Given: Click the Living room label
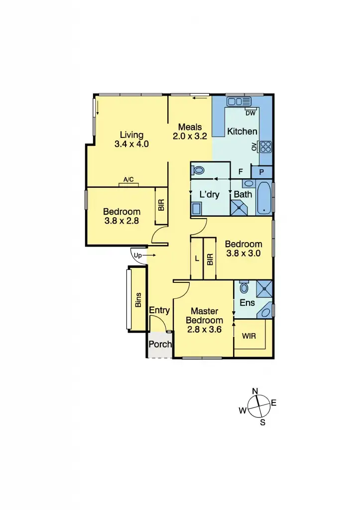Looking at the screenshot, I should click(131, 134).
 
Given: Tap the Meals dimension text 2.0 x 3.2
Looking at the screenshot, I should click(190, 136).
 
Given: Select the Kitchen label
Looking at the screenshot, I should click(242, 131).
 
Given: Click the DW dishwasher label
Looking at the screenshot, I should click(250, 113).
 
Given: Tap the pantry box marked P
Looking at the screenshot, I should click(262, 172).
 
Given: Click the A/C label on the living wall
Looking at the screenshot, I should click(128, 181).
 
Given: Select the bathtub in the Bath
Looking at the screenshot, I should click(264, 198).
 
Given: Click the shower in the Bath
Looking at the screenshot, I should click(241, 207).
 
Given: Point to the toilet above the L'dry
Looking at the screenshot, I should click(198, 170).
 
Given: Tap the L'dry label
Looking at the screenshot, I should click(210, 194).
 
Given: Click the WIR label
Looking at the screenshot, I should click(249, 336).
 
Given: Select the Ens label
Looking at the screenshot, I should click(247, 302).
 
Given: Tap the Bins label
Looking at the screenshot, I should click(138, 300).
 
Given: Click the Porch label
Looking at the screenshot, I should click(160, 344).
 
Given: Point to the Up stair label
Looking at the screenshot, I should click(138, 255).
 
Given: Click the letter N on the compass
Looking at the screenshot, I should click(255, 391).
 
